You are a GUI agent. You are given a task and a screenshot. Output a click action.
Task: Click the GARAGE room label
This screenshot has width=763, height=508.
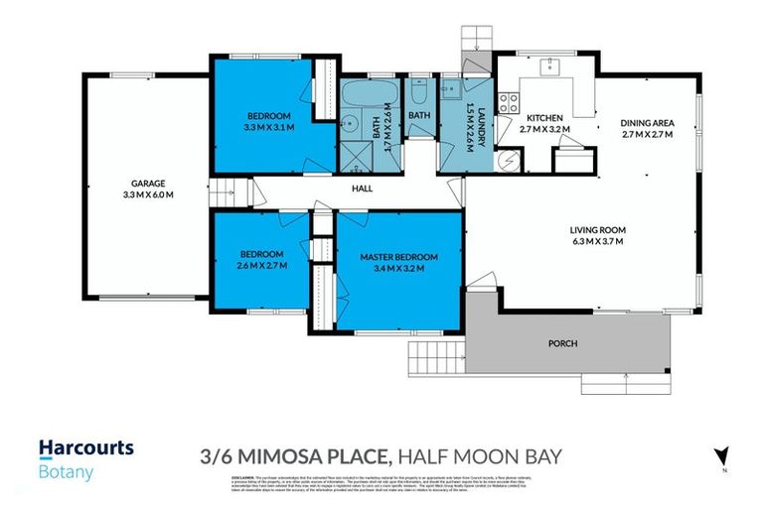coord(146,183)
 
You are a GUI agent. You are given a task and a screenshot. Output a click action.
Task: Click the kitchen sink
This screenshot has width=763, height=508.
coord(547,66)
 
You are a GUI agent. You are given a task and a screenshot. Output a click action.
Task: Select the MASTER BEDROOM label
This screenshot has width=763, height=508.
coord(398,256)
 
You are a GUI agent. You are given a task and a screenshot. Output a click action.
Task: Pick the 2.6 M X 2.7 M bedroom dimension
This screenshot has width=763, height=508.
coord(262,265)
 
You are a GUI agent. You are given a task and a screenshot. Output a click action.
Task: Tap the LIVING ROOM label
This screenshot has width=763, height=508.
coord(597,230)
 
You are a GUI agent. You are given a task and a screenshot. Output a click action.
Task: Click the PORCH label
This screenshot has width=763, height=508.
coord(562,343)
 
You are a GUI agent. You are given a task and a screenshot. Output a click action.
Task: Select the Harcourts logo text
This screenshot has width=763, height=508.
coord(85,448)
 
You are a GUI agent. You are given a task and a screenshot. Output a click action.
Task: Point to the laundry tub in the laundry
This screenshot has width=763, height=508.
coord(450,90)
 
